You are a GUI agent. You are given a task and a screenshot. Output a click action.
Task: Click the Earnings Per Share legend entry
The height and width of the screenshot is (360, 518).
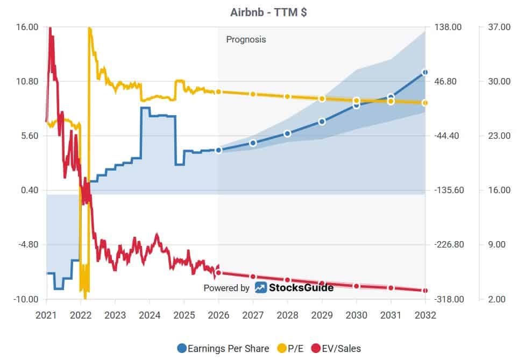223,349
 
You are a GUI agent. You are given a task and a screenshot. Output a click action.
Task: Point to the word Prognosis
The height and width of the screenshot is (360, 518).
246,39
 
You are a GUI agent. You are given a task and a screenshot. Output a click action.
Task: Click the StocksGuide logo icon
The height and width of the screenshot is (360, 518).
261,288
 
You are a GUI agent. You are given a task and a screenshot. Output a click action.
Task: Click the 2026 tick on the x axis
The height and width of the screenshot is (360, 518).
218,315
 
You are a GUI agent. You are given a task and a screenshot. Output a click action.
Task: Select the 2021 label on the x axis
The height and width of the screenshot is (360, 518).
46,315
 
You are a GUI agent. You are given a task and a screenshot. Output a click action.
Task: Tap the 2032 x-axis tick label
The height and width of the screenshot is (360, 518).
425,315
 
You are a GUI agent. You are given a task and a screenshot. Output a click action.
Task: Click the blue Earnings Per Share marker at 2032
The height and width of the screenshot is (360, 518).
425,72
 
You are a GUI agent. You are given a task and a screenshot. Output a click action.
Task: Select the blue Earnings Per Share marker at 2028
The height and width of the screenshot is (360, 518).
287,133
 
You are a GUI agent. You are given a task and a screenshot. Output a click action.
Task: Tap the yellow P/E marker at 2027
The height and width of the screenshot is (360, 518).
253,94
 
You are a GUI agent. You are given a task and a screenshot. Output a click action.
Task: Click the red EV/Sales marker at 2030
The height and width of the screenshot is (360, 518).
356,286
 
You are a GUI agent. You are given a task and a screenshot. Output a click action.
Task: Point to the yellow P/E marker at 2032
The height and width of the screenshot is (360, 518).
425,103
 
